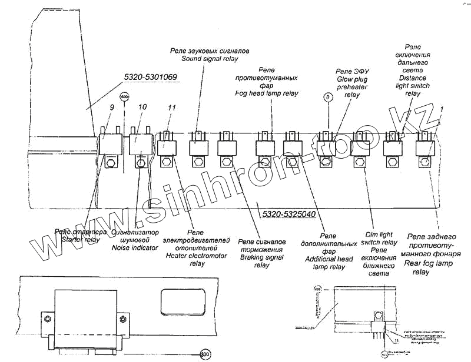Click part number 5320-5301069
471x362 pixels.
(x=151, y=77)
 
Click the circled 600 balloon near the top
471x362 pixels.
(x=124, y=96)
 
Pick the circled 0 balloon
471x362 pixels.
(x=328, y=96)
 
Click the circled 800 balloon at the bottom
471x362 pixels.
(x=204, y=354)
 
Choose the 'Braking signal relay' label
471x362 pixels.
(x=262, y=253)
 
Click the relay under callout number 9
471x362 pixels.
(x=109, y=144)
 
